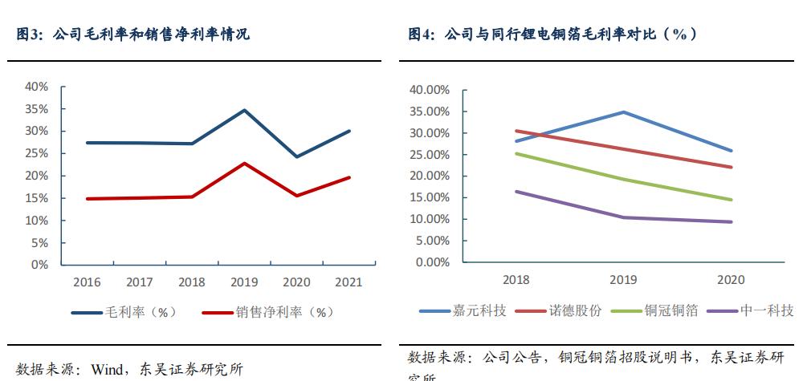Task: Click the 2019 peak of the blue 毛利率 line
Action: (244, 110)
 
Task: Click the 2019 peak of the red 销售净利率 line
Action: (244, 163)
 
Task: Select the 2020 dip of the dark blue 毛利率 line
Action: (297, 156)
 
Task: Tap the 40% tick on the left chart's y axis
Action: (37, 87)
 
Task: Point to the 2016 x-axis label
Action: (86, 282)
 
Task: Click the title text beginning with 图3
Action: (132, 34)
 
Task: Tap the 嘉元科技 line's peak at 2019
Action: (623, 112)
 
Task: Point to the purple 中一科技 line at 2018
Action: (516, 191)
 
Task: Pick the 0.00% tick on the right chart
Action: (432, 262)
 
